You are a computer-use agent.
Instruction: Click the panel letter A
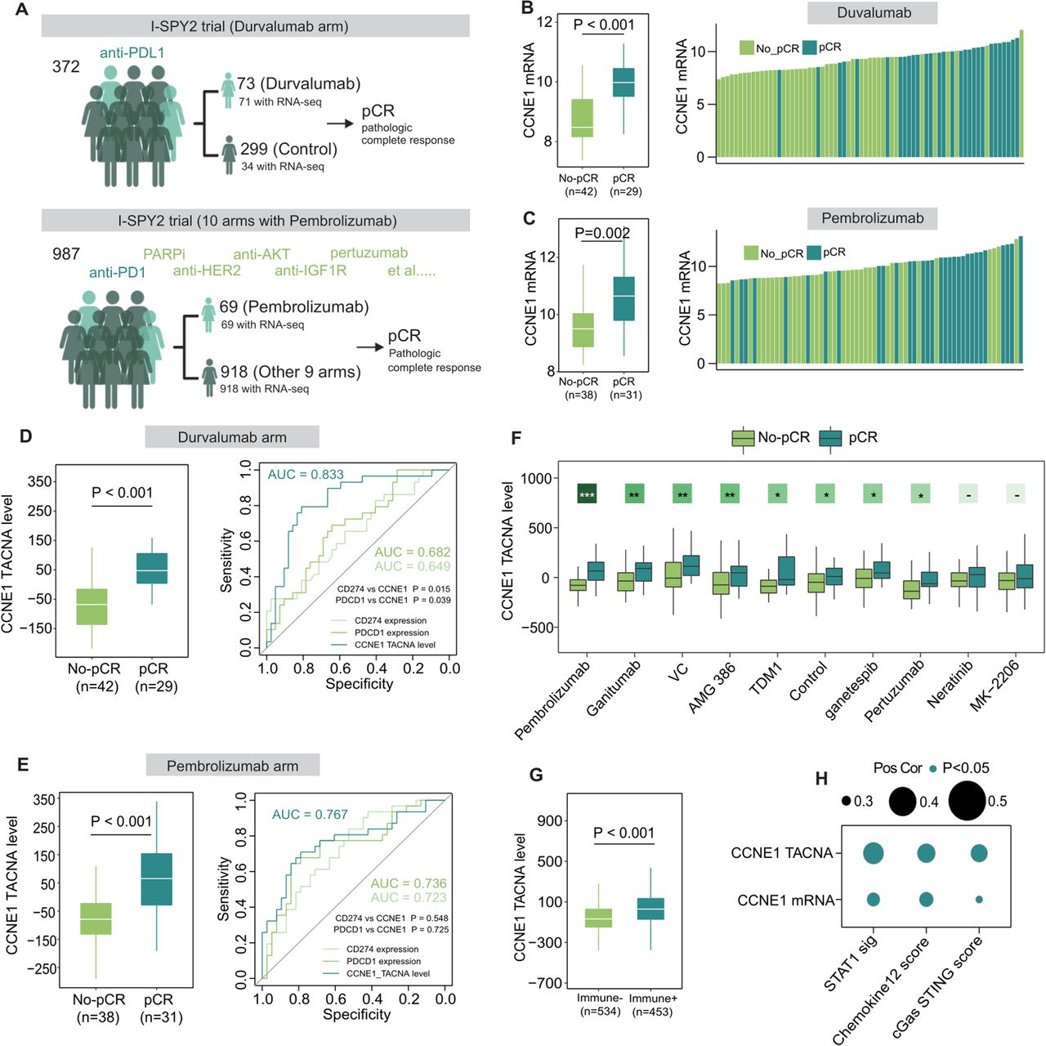[22, 10]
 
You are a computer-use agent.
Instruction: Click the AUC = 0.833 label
[306, 474]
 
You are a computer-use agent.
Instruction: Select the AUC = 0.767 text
[310, 815]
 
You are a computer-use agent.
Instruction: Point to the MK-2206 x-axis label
[995, 686]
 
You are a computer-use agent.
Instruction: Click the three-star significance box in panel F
[587, 494]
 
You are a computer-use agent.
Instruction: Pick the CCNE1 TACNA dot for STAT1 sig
[873, 853]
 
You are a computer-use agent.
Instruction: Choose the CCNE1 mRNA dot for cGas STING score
[979, 900]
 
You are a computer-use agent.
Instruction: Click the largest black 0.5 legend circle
[967, 801]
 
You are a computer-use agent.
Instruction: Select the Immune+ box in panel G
[651, 909]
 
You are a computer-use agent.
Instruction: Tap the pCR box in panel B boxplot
[624, 83]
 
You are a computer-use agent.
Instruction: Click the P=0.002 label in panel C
[602, 233]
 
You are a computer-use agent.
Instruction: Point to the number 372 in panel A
[66, 66]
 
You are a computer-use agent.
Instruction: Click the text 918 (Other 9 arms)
[290, 372]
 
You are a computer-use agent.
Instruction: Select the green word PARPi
[164, 254]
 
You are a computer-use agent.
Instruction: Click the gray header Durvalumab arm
[232, 437]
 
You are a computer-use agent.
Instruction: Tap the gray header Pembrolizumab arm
[232, 766]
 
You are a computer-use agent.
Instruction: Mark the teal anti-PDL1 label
[132, 53]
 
